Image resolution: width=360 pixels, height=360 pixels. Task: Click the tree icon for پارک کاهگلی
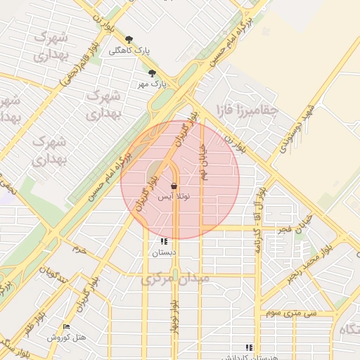click(x=129, y=39)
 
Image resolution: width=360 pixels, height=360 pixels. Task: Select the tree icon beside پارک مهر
click(x=153, y=72)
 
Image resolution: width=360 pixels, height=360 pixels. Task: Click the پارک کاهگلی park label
click(x=130, y=51)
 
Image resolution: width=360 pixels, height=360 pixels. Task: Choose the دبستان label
click(x=165, y=252)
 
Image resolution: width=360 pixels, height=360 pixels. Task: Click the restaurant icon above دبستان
click(x=165, y=241)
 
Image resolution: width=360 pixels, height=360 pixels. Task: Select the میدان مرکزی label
click(x=175, y=278)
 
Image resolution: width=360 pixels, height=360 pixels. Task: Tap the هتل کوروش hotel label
click(x=67, y=337)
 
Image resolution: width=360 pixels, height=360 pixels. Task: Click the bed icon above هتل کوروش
click(x=67, y=326)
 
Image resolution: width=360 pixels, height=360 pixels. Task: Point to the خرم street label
click(x=79, y=249)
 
